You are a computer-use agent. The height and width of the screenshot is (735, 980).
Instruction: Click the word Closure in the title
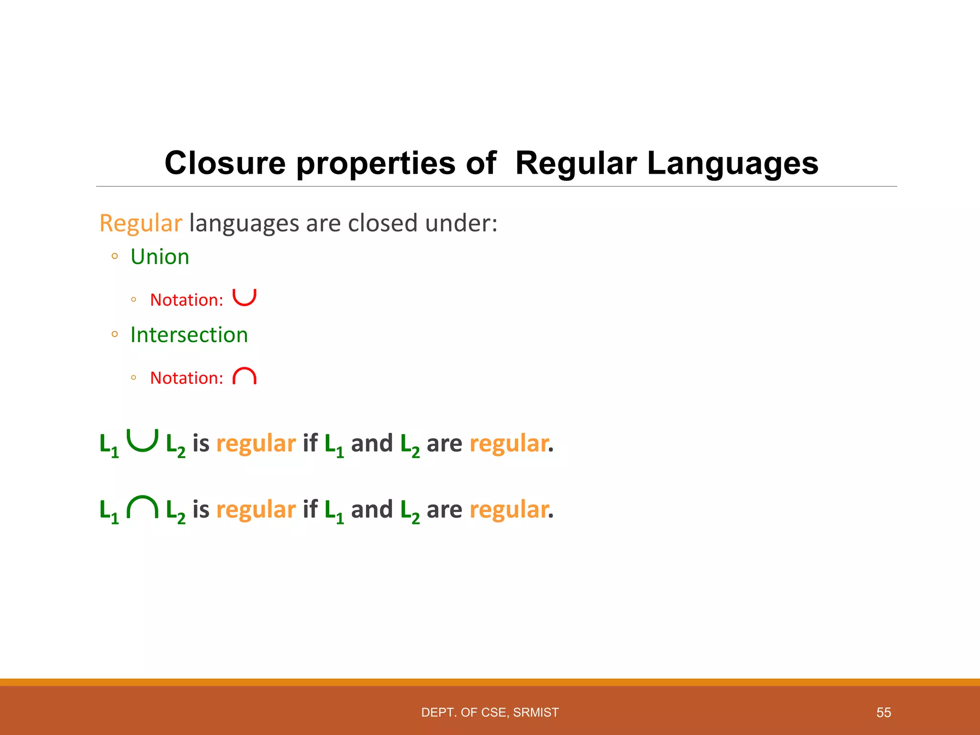point(225,163)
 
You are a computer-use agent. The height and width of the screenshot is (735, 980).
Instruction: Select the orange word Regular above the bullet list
point(141,223)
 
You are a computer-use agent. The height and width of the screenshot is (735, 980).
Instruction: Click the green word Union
point(160,257)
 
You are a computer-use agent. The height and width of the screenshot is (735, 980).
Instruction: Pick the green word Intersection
point(189,335)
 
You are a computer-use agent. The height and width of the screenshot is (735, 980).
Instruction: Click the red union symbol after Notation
point(244,297)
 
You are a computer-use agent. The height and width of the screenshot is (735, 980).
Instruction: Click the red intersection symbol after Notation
point(244,377)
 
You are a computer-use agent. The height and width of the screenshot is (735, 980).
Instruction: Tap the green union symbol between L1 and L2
point(142,440)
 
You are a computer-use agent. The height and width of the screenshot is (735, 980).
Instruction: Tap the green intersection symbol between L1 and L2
point(142,508)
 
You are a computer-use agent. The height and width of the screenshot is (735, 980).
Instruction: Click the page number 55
point(883,713)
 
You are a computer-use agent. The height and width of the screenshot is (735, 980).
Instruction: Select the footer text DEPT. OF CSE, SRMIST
point(490,713)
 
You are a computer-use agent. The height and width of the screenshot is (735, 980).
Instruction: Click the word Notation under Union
point(187,300)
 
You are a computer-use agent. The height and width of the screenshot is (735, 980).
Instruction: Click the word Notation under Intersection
point(187,378)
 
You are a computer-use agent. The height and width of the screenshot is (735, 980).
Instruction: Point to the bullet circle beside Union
point(114,256)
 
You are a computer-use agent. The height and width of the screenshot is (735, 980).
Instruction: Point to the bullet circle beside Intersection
point(114,334)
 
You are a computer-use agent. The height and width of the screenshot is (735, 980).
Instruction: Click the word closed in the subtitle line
point(383,223)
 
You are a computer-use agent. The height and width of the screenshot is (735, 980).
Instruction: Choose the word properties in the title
point(376,163)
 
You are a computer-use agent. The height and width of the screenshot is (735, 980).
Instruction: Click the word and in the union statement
point(372,443)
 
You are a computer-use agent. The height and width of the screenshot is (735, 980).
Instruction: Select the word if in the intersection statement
point(310,509)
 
